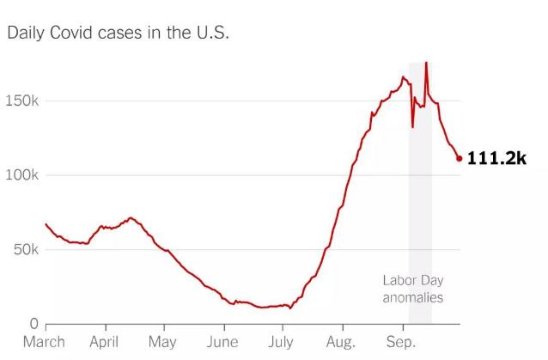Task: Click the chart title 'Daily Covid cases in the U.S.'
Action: click(x=118, y=34)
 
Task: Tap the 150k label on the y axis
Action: click(x=21, y=101)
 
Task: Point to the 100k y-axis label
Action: click(x=21, y=175)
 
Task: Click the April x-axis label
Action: click(x=103, y=342)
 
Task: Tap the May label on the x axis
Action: click(x=161, y=342)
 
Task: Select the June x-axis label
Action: click(x=222, y=342)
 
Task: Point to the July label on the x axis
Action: click(x=280, y=342)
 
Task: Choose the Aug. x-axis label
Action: click(x=341, y=342)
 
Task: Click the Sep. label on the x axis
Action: click(x=401, y=342)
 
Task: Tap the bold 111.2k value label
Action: click(x=496, y=158)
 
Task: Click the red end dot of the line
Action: click(x=460, y=158)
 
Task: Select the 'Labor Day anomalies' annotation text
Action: click(x=412, y=290)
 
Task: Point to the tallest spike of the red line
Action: click(x=426, y=63)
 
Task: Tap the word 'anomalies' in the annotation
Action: click(x=413, y=298)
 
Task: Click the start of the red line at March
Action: click(x=46, y=224)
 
